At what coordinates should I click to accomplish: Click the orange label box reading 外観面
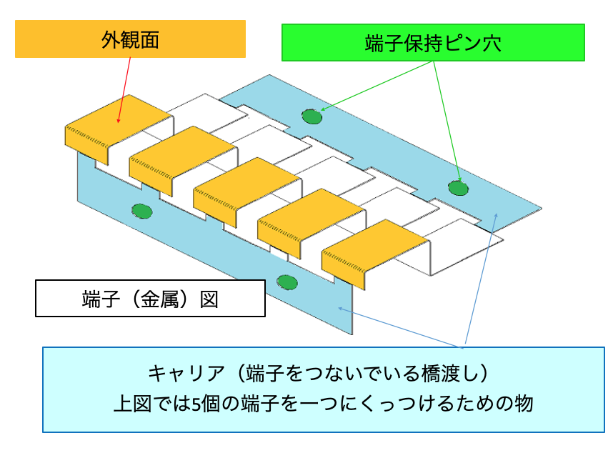pyautogui.click(x=130, y=39)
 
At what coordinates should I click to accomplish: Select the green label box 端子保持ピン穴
pyautogui.click(x=433, y=43)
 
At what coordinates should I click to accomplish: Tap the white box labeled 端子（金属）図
pyautogui.click(x=150, y=298)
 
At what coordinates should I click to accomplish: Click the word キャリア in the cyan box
pyautogui.click(x=186, y=373)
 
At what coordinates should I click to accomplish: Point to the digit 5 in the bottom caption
pyautogui.click(x=196, y=404)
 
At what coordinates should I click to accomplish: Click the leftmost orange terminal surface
pyautogui.click(x=117, y=125)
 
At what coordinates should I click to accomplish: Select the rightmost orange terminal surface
pyautogui.click(x=374, y=250)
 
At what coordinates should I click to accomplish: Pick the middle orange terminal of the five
pyautogui.click(x=246, y=188)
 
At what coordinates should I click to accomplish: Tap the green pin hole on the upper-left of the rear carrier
pyautogui.click(x=312, y=116)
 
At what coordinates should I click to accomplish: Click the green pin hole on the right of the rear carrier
pyautogui.click(x=458, y=188)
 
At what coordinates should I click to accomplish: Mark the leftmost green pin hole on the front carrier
pyautogui.click(x=141, y=211)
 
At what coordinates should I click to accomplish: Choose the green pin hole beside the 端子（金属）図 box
pyautogui.click(x=287, y=282)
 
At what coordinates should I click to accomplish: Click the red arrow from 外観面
pyautogui.click(x=124, y=90)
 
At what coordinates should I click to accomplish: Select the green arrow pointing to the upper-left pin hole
pyautogui.click(x=376, y=86)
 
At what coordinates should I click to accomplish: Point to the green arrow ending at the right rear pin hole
pyautogui.click(x=447, y=121)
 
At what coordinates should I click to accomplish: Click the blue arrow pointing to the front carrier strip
pyautogui.click(x=399, y=327)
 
